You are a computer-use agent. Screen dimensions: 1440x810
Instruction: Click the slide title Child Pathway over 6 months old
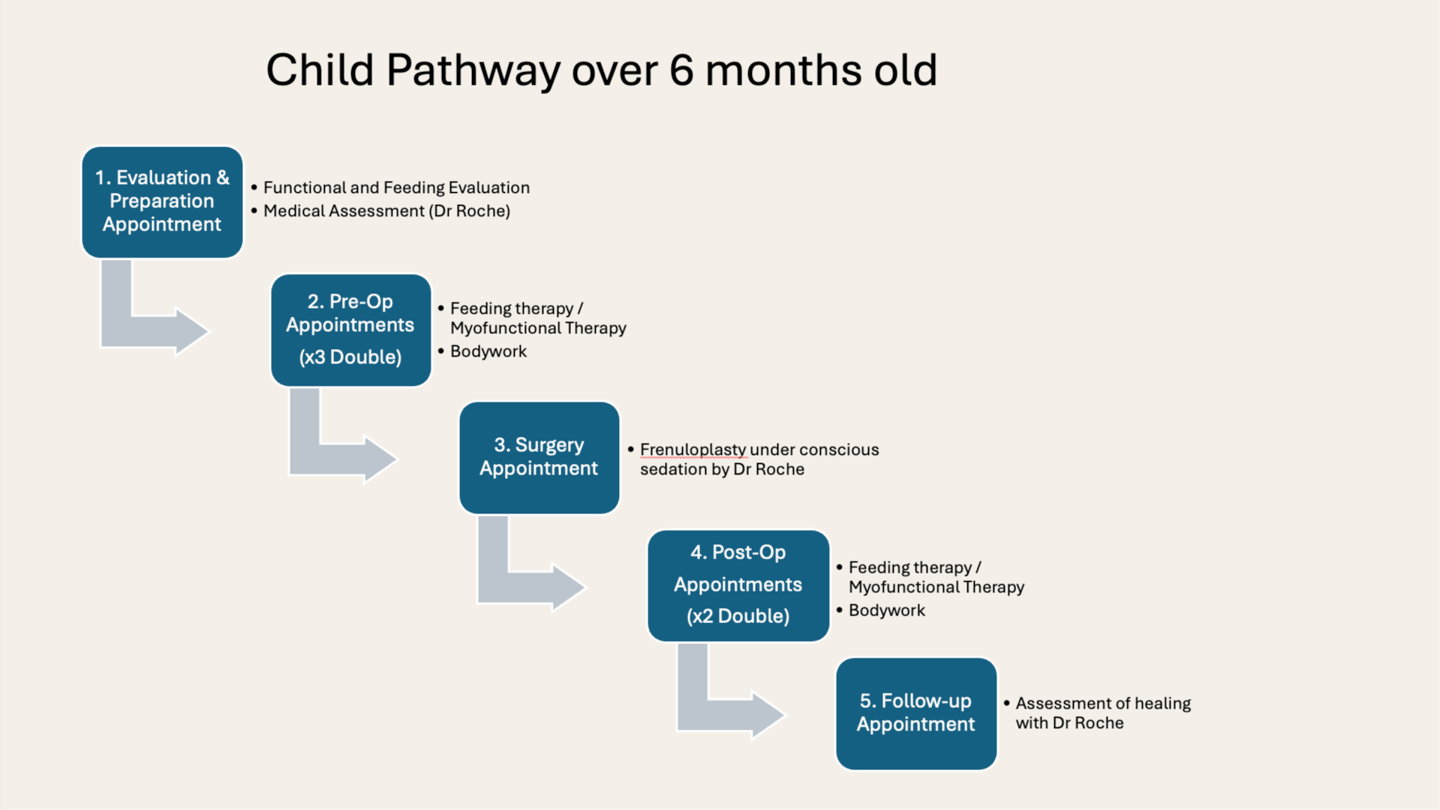600,71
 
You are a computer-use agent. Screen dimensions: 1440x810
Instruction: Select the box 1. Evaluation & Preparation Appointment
162,201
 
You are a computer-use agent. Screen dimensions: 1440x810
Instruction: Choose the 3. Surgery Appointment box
539,457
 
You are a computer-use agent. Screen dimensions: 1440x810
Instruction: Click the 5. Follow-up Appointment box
915,712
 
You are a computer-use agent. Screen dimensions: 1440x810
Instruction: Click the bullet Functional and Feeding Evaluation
396,188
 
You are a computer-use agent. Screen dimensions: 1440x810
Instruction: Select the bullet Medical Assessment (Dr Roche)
386,211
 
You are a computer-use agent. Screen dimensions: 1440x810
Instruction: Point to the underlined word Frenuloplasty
693,450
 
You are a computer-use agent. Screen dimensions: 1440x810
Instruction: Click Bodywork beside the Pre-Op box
489,351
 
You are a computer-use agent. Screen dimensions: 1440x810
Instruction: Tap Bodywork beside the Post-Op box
886,610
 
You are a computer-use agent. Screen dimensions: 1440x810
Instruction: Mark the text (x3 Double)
350,357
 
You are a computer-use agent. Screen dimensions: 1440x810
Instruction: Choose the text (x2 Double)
738,616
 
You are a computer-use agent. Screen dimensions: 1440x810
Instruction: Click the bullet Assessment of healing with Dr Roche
1102,713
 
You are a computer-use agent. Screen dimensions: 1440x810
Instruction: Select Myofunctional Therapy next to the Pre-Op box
538,328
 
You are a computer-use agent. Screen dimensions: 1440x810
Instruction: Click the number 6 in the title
681,71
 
